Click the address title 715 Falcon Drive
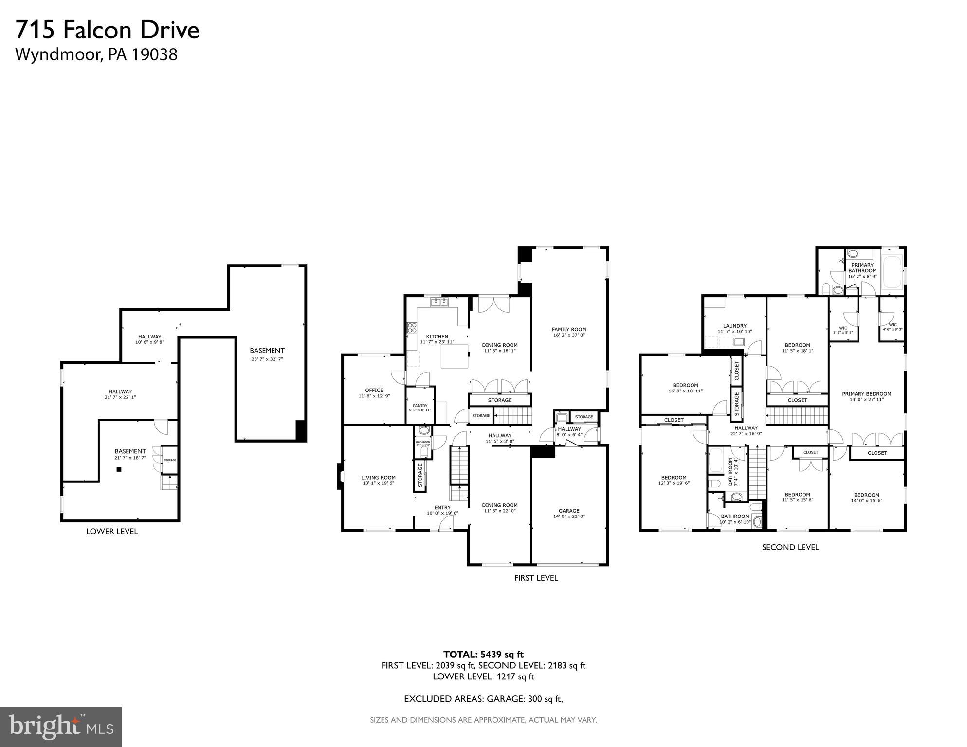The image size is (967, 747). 108,30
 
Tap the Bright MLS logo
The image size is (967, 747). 61,727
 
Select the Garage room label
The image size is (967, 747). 568,511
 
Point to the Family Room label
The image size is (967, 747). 568,329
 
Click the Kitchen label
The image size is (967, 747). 437,337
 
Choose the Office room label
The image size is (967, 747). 374,390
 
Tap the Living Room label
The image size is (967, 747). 378,478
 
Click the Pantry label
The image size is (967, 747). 420,406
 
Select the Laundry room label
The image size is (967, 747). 734,326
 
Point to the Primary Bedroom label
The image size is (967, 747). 866,394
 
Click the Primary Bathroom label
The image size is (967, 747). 862,268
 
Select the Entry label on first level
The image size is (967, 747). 442,507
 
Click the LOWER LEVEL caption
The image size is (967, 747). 112,532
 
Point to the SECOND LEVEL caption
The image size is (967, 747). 790,547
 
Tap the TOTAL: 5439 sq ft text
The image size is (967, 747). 483,654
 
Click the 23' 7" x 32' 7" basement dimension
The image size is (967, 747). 267,359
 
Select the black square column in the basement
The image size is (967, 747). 119,469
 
